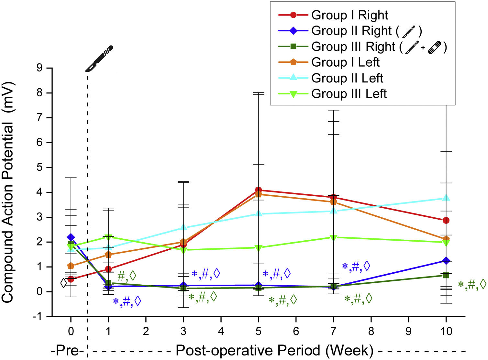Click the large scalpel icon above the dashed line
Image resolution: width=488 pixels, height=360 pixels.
pos(99,59)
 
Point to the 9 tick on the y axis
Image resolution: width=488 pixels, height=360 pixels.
pos(40,68)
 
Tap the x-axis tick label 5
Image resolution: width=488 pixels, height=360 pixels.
pos(258,331)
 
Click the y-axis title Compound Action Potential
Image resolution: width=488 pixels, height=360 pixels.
pos(8,193)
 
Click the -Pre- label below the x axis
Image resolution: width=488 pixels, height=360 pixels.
pos(68,351)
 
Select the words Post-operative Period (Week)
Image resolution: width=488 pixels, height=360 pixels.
pos(274,351)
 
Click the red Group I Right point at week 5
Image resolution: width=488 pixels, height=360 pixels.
pos(258,190)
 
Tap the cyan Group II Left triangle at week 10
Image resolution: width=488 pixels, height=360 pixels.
pos(446,198)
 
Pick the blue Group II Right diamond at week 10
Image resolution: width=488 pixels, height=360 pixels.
pos(446,261)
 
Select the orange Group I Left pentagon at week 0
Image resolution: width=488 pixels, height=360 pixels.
pos(71,266)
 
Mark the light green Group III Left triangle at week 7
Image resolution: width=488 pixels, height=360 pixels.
pos(333,238)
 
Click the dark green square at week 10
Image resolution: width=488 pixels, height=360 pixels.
pos(446,275)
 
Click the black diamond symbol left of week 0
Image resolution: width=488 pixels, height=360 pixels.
pos(64,283)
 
